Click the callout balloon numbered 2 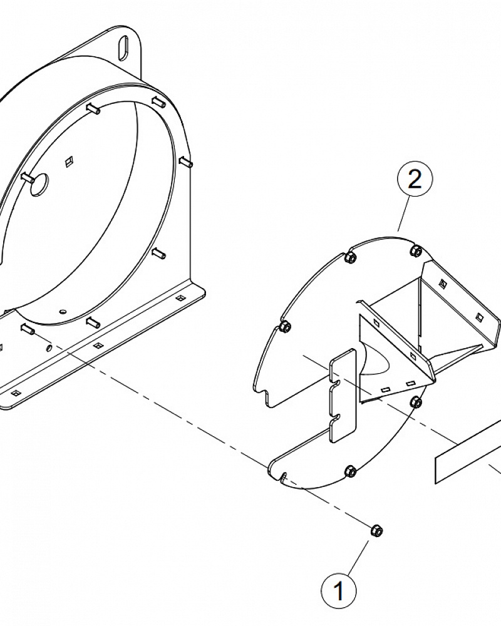pos(415,180)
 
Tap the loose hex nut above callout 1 pos(376,531)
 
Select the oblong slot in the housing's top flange pos(123,48)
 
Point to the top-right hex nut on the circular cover pos(416,251)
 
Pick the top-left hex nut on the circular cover pos(350,257)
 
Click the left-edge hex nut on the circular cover pos(286,327)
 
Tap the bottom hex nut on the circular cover pos(351,471)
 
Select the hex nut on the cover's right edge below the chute pos(416,403)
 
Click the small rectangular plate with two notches pos(343,396)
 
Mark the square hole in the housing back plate pos(69,162)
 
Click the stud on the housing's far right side pos(187,163)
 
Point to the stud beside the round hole pos(28,177)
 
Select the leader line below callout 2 pos(403,214)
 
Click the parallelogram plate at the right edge pos(468,452)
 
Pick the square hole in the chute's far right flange pos(478,317)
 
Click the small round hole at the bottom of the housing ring pos(62,310)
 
